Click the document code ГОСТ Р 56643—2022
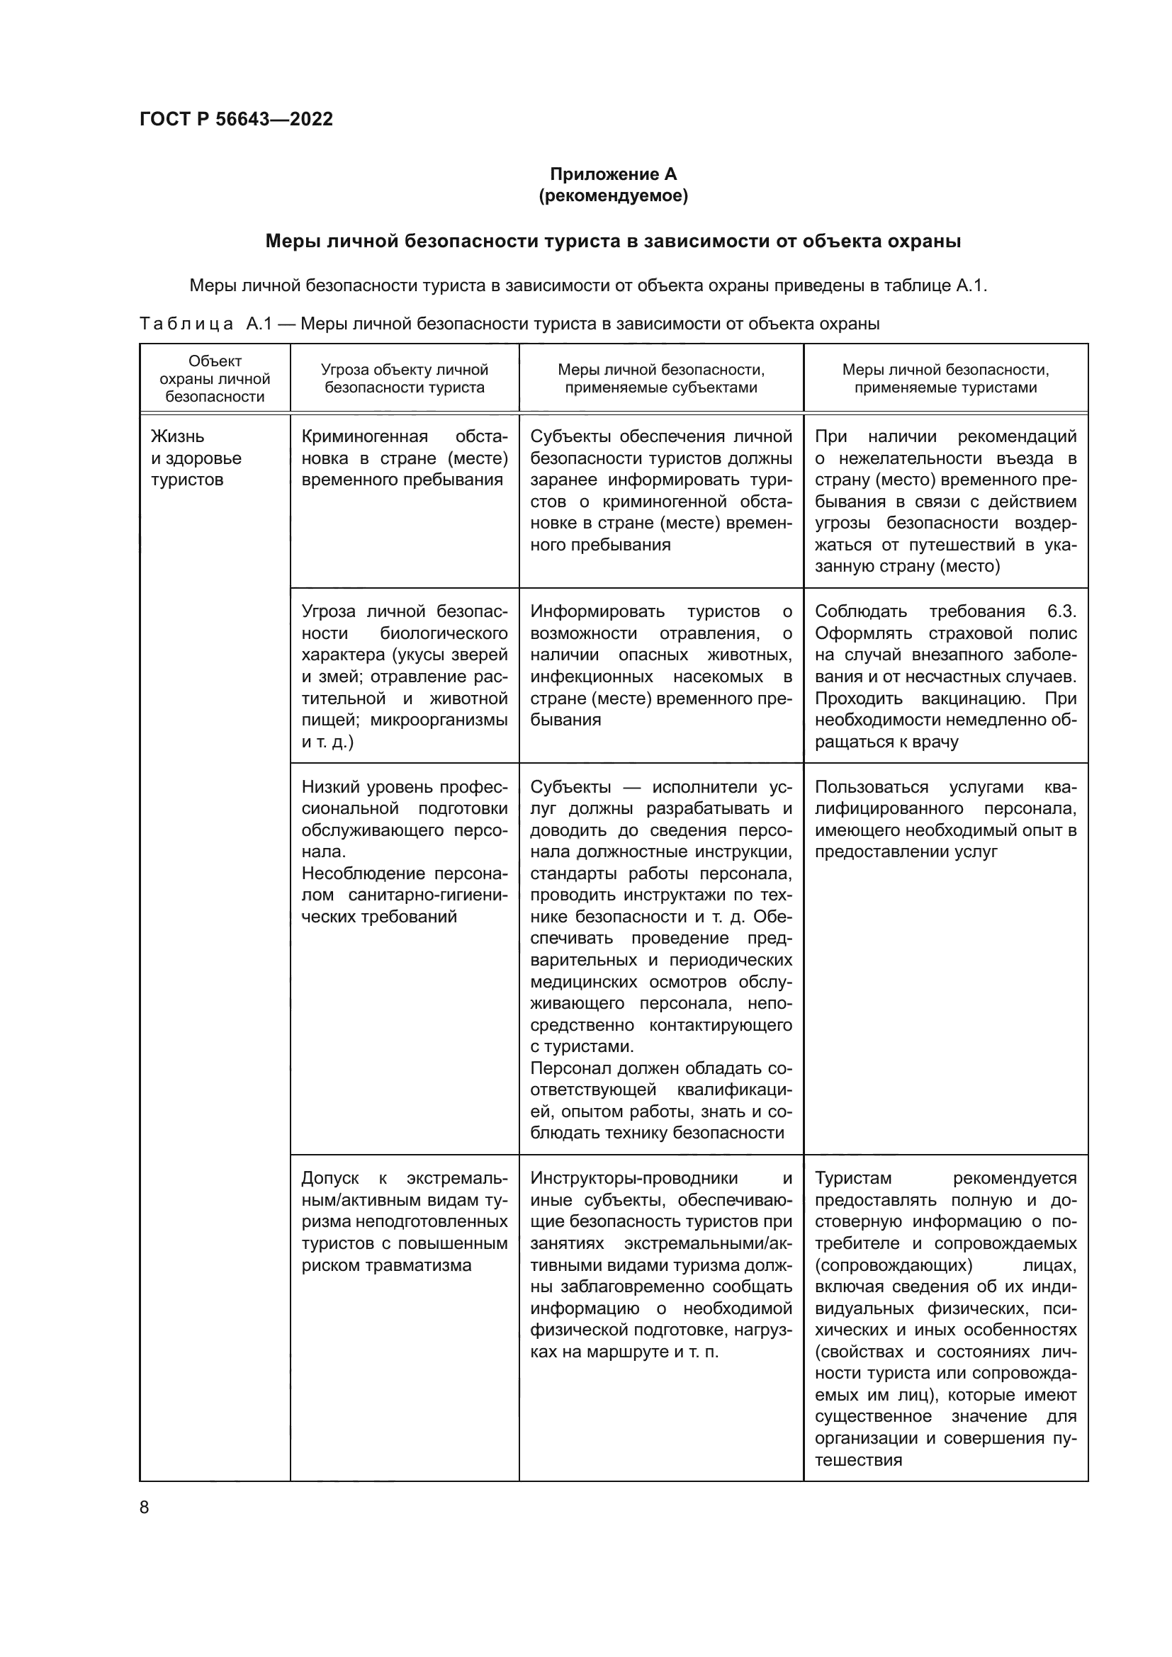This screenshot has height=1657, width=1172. tap(236, 119)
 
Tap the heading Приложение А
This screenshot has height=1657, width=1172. tap(613, 174)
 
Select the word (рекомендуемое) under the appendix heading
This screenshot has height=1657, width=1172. tap(613, 196)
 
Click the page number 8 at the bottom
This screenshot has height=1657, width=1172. tap(145, 1507)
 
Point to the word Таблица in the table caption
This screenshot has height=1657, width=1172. tap(186, 324)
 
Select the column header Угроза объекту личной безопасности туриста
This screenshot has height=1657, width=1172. tap(404, 379)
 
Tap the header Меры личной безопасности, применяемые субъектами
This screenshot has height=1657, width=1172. tap(660, 379)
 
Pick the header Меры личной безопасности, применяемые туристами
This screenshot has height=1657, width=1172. tap(945, 379)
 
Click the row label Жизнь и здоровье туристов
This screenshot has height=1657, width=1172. tap(196, 458)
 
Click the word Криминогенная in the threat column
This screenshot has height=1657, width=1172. tap(364, 436)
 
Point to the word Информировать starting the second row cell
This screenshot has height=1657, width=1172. tap(597, 611)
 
